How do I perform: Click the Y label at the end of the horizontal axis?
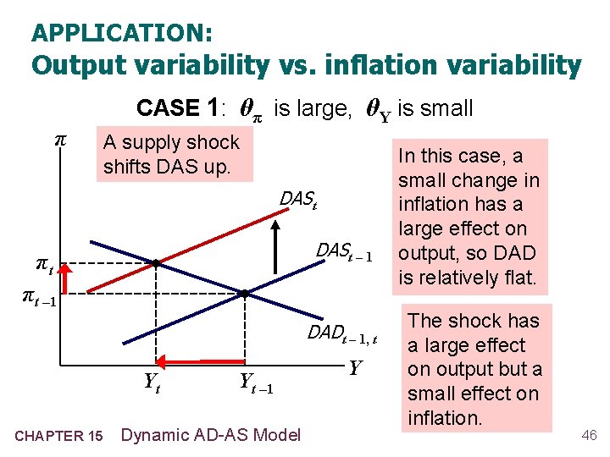(356, 368)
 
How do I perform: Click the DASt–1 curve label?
(344, 251)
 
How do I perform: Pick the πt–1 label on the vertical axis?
(38, 295)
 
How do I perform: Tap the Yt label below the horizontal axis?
(152, 383)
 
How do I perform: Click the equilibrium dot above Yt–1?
(244, 294)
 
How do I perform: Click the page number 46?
(589, 435)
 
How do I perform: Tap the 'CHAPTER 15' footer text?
(58, 436)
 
